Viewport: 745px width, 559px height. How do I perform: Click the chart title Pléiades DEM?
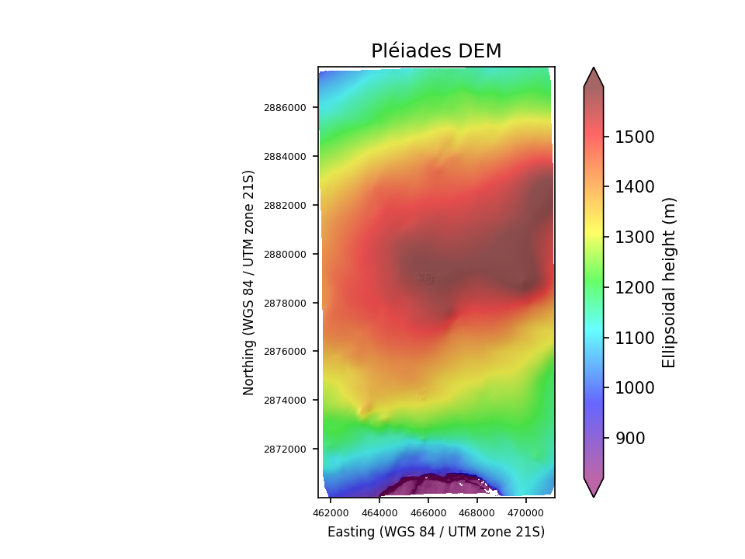tap(436, 51)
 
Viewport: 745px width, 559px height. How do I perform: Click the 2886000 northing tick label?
tap(286, 107)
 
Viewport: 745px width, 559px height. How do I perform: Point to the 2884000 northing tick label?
tap(286, 156)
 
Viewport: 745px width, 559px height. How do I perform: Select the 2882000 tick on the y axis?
tap(286, 205)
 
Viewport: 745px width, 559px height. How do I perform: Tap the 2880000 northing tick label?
tap(286, 254)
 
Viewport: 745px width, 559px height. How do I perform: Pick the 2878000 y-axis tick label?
tap(286, 303)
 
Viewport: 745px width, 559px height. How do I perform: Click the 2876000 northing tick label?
tap(286, 351)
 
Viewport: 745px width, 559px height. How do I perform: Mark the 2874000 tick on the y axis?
tap(286, 400)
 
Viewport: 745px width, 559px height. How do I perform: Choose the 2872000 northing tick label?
tap(286, 449)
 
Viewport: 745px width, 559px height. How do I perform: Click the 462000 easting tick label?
tap(331, 512)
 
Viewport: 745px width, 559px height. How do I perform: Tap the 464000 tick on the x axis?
tap(379, 512)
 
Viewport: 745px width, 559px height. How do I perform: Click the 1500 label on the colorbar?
tap(635, 137)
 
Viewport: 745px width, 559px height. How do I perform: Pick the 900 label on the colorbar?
tap(630, 439)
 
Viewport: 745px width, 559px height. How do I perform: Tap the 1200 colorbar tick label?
tap(635, 288)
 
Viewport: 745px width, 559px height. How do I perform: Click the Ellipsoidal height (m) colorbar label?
tap(670, 282)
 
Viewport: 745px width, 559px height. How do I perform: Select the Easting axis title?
tap(436, 532)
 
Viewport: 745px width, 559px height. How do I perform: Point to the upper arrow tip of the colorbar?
tap(594, 68)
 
